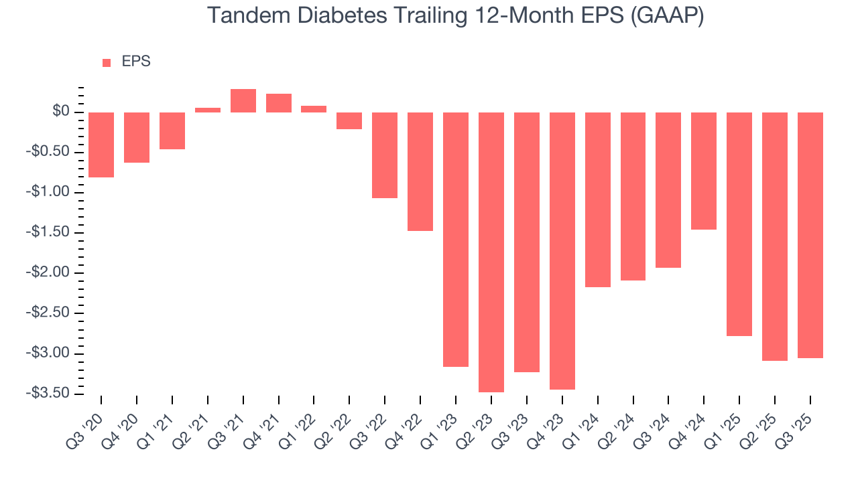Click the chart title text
tap(455, 15)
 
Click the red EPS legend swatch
tap(107, 63)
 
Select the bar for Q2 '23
tap(491, 252)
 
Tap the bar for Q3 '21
tap(243, 101)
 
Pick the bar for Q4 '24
tap(704, 171)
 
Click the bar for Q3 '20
tap(101, 145)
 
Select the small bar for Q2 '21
tap(208, 110)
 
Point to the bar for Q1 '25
tap(739, 224)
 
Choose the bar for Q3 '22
tap(385, 155)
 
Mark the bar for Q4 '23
tap(562, 250)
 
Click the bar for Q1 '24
tap(598, 199)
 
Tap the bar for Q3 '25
tap(810, 235)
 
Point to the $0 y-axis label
tap(61, 112)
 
